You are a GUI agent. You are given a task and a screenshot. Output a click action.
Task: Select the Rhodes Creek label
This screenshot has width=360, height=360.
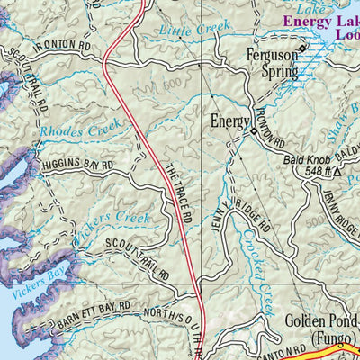74,130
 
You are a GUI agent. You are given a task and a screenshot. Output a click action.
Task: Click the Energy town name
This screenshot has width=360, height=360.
228,121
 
